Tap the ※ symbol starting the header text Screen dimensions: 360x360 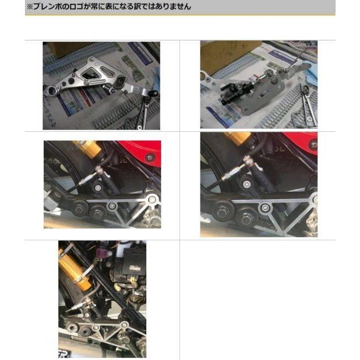[x=29, y=7]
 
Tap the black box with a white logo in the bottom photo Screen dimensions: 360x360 [x=133, y=268]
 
